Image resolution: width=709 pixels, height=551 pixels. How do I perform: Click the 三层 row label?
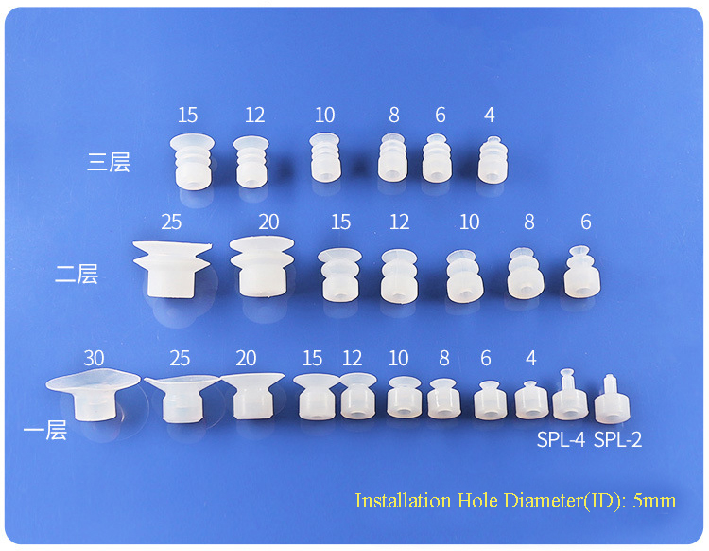pos(108,162)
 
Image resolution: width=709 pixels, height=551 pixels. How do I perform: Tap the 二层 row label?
pos(77,275)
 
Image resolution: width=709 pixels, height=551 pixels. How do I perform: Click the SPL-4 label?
pos(562,439)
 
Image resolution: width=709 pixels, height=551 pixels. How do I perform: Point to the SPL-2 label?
pos(617,439)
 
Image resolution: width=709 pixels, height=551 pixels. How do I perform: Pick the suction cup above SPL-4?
pos(569,397)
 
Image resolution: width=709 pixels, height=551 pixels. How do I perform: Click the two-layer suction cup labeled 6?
pos(581,273)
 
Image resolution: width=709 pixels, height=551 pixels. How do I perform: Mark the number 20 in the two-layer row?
pos(268,222)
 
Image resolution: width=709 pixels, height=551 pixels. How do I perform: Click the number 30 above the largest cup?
pos(94,359)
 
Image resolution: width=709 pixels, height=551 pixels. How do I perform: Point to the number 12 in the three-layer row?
pos(254,116)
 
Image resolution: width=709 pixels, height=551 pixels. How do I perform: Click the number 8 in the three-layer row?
pos(394,116)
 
